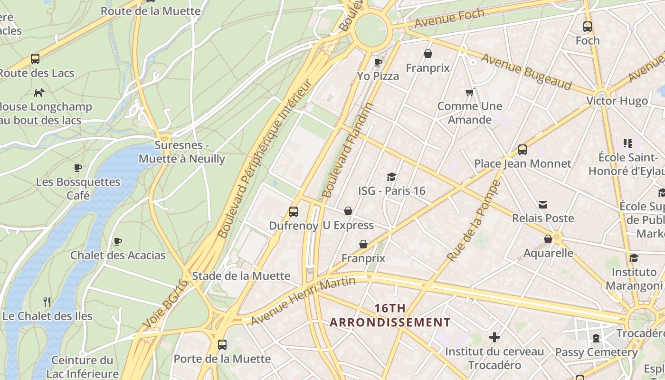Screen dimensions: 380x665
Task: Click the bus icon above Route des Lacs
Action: [x=35, y=59]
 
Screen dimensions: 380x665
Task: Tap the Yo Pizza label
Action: [x=378, y=76]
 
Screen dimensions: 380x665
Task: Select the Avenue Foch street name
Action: [x=449, y=18]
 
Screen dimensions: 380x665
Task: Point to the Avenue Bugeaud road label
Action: [x=526, y=71]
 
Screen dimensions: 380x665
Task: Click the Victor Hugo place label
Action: [x=617, y=101]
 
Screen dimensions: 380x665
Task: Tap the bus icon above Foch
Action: [x=588, y=27]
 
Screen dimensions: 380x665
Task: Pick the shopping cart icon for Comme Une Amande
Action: [x=470, y=92]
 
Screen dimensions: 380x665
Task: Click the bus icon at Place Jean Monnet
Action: [x=522, y=150]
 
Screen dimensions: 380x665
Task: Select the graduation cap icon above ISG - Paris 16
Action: [x=391, y=177]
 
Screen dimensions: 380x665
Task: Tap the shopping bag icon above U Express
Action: [x=348, y=211]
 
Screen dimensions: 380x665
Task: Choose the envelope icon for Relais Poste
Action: [x=543, y=205]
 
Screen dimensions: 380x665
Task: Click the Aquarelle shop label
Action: [x=548, y=253]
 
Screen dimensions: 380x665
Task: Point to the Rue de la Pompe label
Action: [x=474, y=221]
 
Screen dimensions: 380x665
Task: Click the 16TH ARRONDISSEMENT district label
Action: [x=390, y=315]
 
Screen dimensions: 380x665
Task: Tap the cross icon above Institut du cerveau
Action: [x=494, y=337]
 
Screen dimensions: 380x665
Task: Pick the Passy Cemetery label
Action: [x=596, y=352]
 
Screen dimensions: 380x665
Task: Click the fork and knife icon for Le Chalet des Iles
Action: [x=47, y=302]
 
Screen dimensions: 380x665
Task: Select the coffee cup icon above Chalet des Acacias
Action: [x=118, y=241]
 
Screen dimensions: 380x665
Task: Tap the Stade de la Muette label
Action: [x=241, y=275]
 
